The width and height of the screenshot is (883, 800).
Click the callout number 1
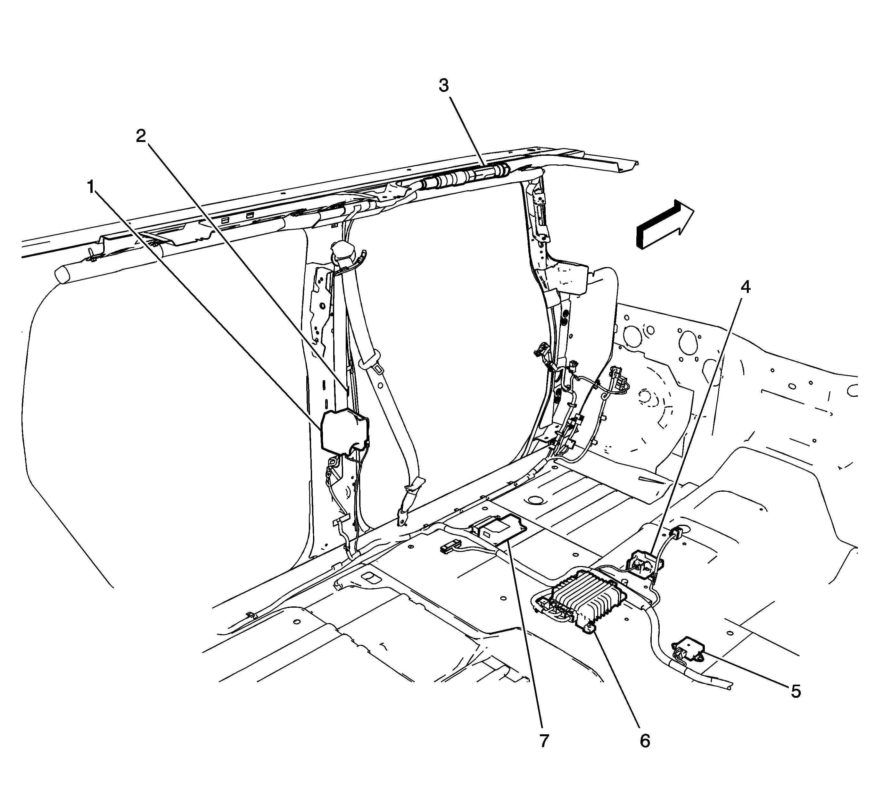point(91,188)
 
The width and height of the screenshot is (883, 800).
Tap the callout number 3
point(444,86)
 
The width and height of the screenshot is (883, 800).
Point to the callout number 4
point(746,287)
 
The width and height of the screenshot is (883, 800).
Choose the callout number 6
point(645,740)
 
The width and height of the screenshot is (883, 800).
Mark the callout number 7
point(544,740)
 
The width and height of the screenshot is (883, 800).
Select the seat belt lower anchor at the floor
point(402,517)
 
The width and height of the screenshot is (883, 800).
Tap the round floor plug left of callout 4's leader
point(534,499)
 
